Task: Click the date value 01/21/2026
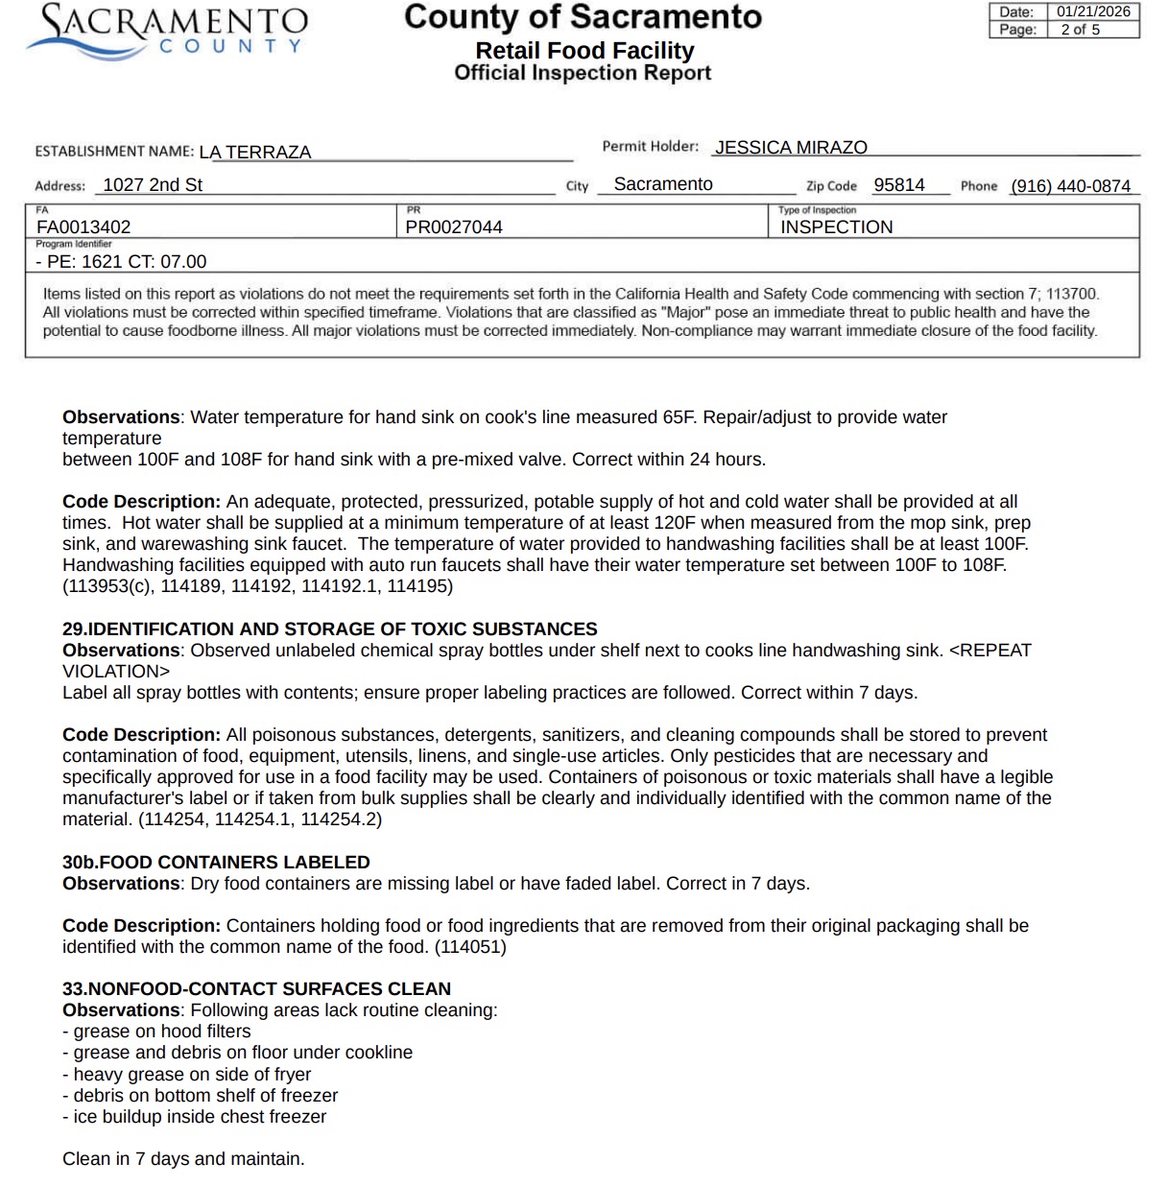(1093, 12)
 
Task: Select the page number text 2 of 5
(1080, 30)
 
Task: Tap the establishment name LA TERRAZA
(255, 152)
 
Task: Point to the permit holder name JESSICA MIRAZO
(791, 148)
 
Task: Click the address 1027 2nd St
(153, 185)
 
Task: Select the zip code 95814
(899, 185)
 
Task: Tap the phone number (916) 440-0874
(1070, 186)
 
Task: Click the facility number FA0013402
(83, 227)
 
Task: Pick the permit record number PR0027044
(454, 227)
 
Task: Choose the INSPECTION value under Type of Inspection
(836, 227)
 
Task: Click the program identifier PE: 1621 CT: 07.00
(121, 262)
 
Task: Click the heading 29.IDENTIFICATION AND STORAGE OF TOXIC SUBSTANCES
(329, 629)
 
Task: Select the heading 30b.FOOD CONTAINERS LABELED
(216, 863)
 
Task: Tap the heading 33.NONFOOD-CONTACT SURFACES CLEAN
(256, 989)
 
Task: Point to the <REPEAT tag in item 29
(989, 651)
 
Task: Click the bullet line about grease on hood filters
(156, 1032)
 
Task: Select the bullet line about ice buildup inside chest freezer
(194, 1117)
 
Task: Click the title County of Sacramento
(583, 17)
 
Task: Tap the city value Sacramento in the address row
(663, 184)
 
